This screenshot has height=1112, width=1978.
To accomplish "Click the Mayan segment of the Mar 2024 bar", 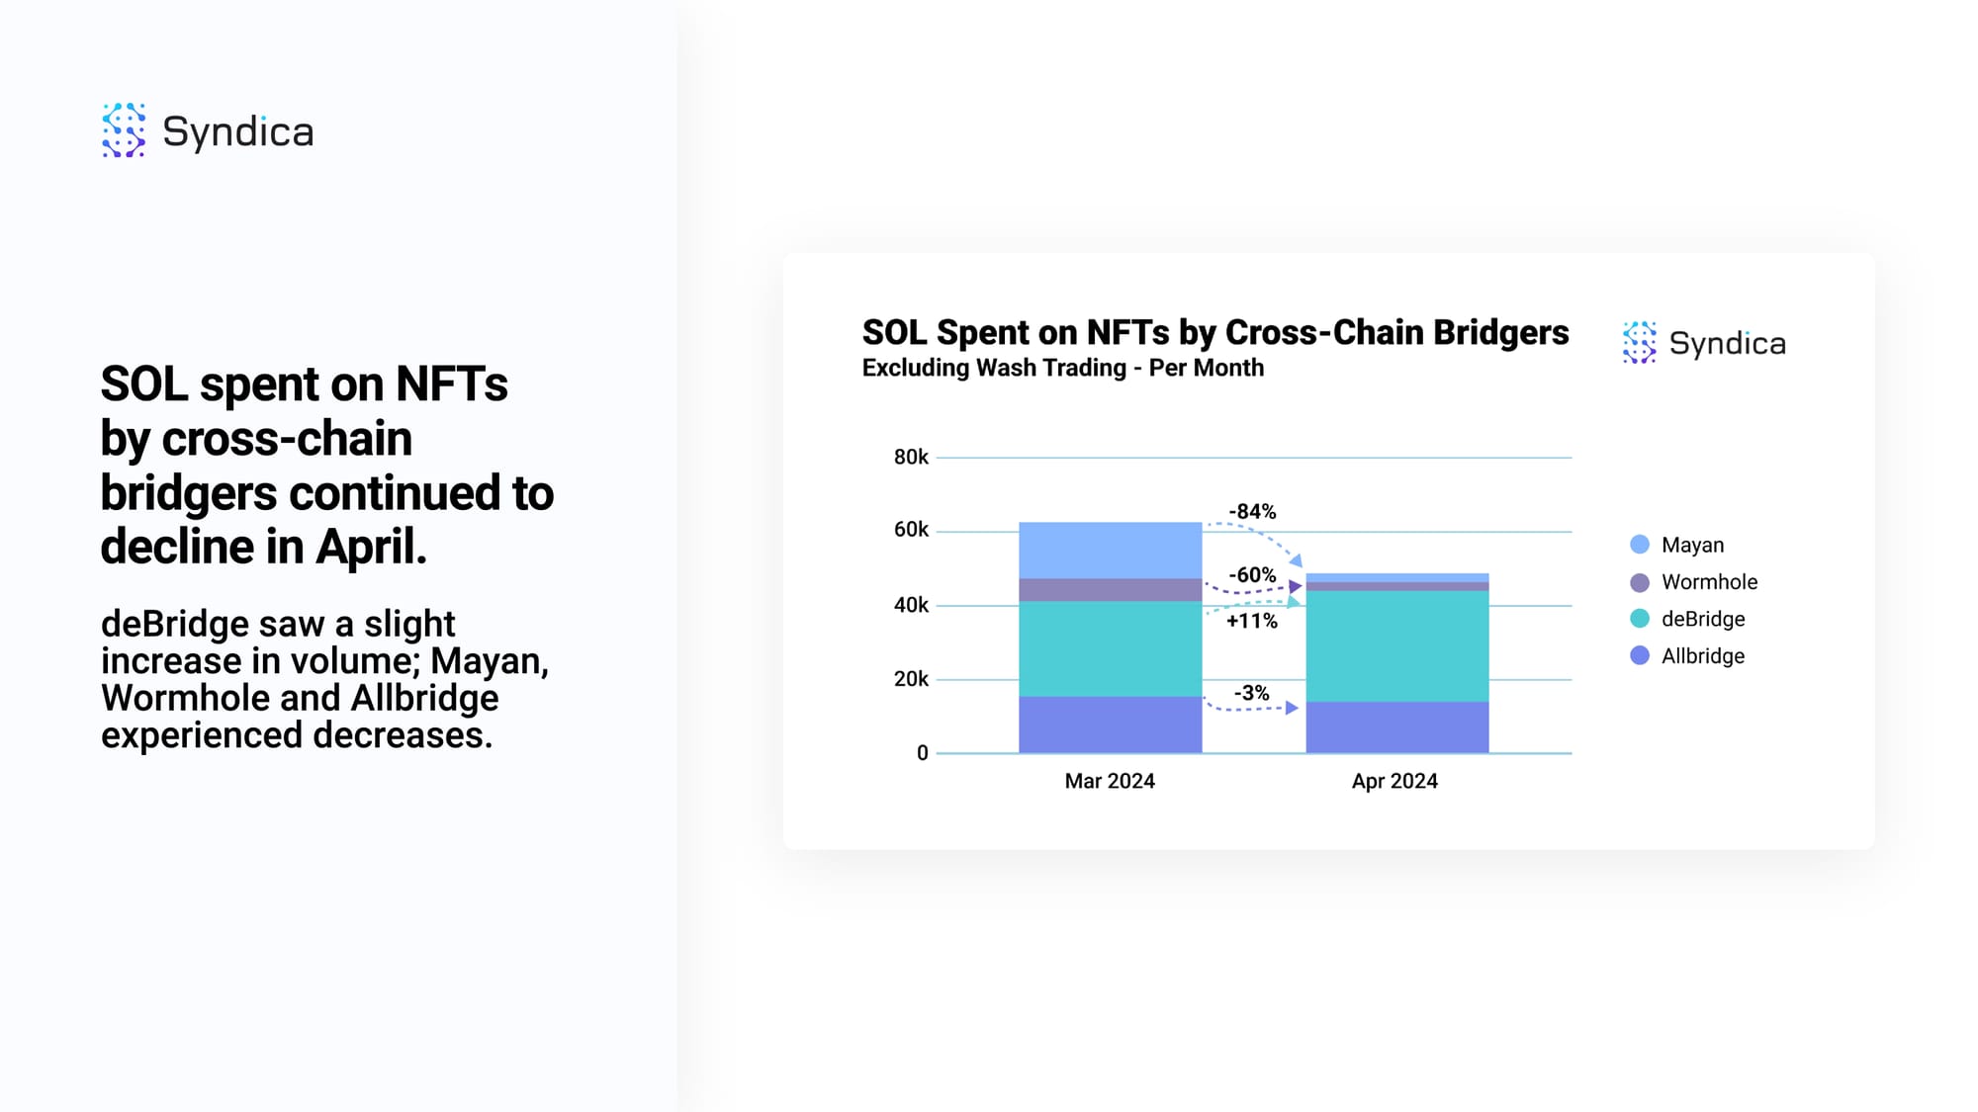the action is tap(1111, 551).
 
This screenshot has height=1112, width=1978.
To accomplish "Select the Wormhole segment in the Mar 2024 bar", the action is tap(1111, 590).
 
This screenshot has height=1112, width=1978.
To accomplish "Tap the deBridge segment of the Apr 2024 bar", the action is tap(1397, 646).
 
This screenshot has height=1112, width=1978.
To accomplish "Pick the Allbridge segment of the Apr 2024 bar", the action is tap(1397, 727).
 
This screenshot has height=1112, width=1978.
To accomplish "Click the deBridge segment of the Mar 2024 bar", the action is tap(1111, 649).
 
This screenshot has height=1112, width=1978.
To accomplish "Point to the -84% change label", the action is tap(1252, 512).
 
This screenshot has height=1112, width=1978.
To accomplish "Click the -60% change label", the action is tap(1252, 575).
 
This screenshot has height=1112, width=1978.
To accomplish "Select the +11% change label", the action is tap(1252, 621).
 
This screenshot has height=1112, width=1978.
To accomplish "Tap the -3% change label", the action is tap(1252, 693).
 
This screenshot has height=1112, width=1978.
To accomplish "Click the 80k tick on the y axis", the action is tap(911, 457).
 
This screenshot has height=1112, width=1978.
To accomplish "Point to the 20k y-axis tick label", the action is tap(911, 679).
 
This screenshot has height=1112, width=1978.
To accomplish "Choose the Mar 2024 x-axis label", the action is tap(1110, 781).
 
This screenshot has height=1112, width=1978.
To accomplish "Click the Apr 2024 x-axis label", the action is tap(1394, 781).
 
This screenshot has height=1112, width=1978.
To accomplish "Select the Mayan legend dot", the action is tap(1640, 545).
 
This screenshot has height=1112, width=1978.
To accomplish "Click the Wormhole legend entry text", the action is tap(1710, 582).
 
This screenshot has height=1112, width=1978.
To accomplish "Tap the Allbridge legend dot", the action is tap(1640, 655).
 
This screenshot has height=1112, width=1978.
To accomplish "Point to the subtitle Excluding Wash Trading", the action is tap(994, 368).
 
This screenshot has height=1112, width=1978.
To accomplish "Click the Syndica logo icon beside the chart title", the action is tap(1639, 343).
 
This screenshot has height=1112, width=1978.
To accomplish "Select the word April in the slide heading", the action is tap(371, 547).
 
